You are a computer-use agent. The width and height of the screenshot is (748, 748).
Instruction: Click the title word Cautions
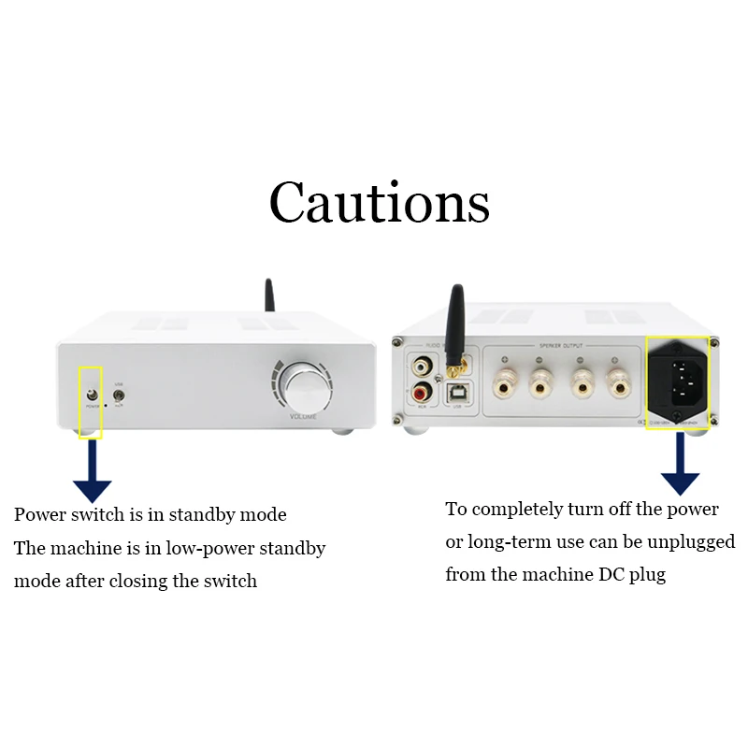point(379,201)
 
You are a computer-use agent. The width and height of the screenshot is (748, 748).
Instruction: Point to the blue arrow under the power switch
point(92,472)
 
